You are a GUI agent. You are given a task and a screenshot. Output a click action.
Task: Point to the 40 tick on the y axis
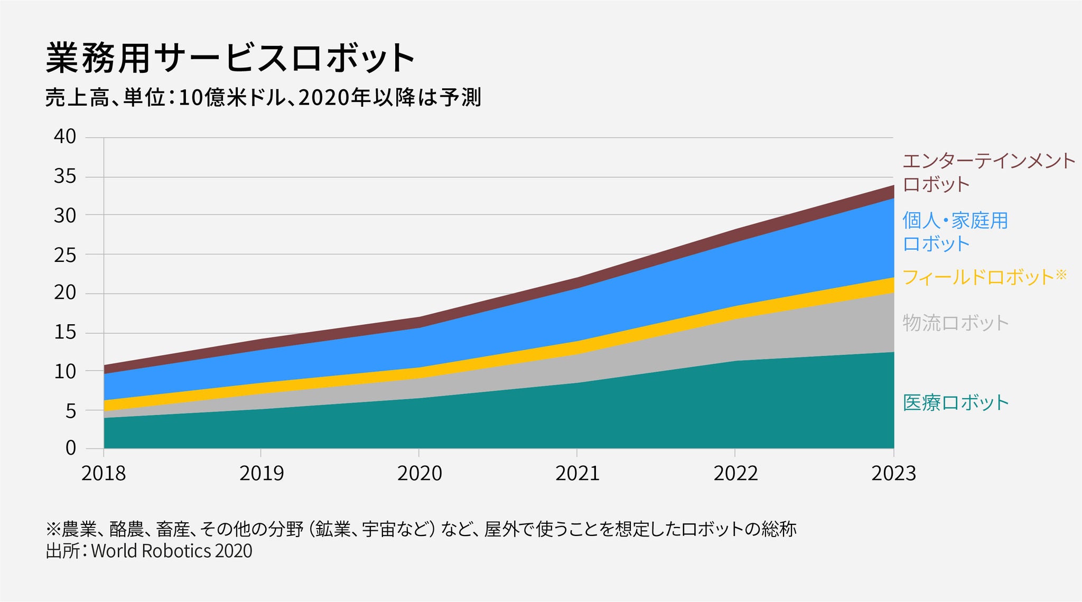[65, 137]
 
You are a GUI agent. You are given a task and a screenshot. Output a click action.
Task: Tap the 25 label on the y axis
[65, 256]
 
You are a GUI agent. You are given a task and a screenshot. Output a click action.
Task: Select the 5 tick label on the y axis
[71, 411]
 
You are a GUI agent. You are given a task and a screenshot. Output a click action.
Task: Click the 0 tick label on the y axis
[71, 448]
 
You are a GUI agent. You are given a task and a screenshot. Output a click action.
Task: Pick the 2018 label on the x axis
[104, 474]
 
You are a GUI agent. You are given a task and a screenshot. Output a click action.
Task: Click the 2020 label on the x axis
[419, 474]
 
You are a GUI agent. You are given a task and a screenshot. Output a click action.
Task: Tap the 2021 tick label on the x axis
[577, 474]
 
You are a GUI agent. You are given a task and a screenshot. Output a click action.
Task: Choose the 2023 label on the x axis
[893, 474]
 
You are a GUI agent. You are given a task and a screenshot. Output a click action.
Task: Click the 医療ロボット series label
[956, 403]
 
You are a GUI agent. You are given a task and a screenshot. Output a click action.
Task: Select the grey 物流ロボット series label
[956, 323]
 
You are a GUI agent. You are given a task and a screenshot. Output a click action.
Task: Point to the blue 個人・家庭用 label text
[955, 221]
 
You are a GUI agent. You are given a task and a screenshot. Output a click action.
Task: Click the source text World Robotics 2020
[172, 551]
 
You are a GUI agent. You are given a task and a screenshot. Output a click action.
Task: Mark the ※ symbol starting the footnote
[54, 529]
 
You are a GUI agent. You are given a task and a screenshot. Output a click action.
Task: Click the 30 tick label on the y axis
[65, 215]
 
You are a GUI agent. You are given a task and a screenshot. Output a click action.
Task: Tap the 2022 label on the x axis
[735, 474]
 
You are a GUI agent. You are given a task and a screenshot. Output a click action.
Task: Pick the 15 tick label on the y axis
[65, 333]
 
